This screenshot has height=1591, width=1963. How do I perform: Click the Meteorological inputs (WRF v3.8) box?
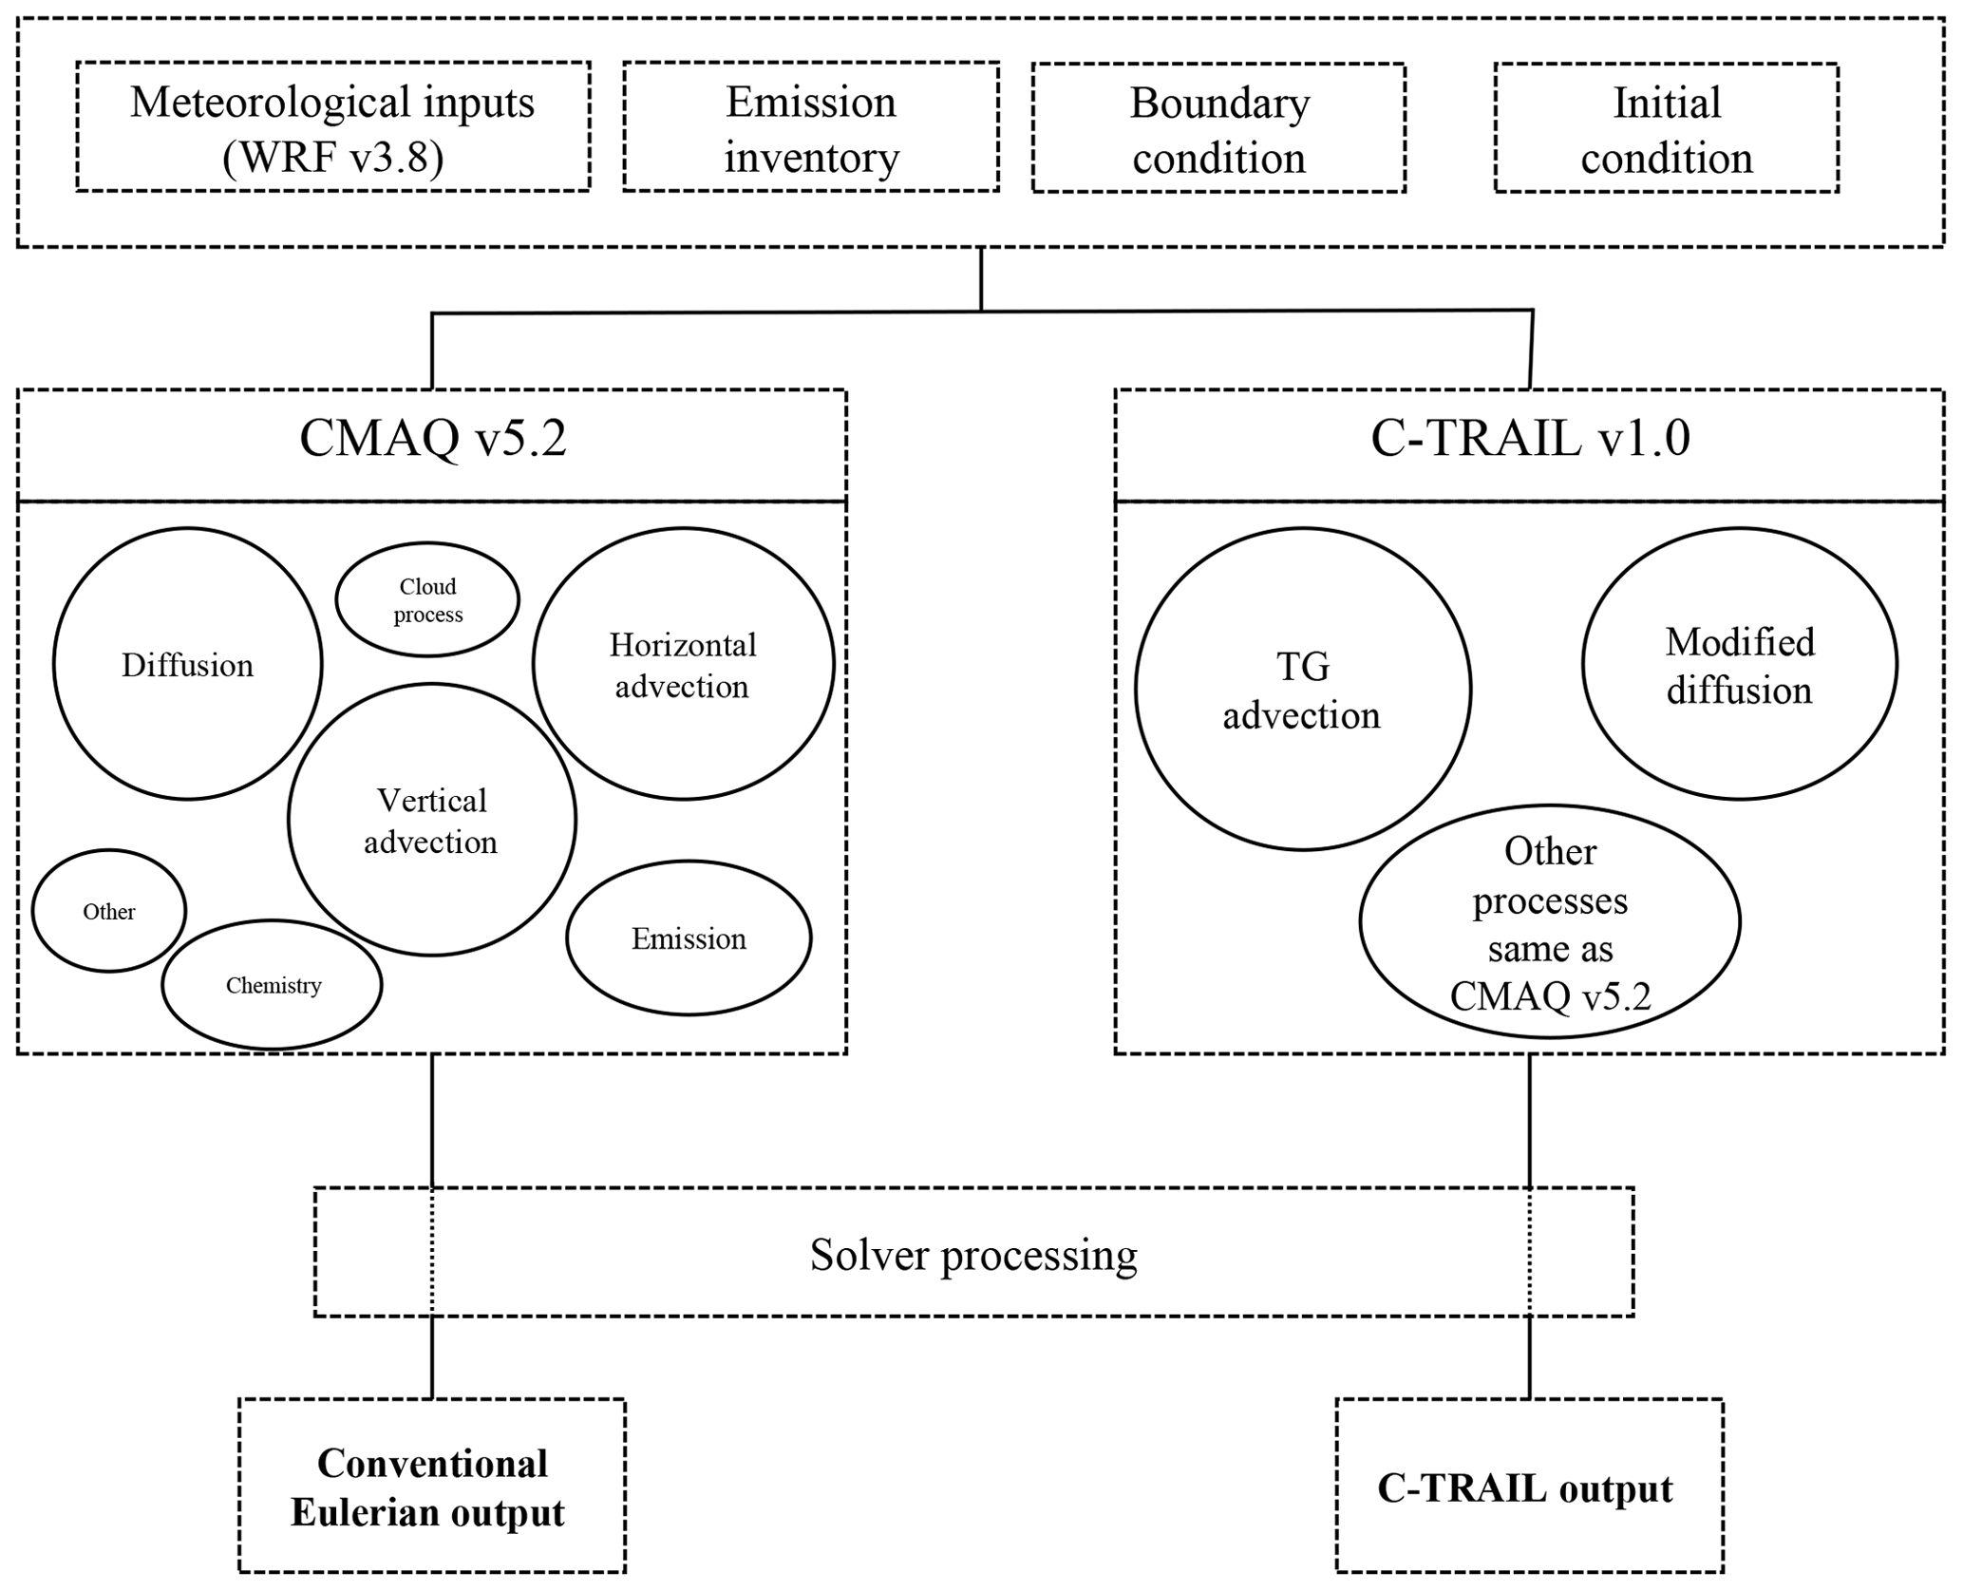332,127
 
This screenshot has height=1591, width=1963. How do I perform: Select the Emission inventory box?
811,128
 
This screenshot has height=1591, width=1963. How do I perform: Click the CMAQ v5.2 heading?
432,440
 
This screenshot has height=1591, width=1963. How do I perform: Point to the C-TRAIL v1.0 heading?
1529,440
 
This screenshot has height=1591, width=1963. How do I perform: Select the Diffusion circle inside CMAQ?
187,664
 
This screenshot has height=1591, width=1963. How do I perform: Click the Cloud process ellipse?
427,599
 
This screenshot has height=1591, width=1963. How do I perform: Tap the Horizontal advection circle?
683,664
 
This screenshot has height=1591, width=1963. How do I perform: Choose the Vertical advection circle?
431,820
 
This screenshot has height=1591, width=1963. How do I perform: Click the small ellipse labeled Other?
109,911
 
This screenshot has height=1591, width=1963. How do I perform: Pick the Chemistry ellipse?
273,985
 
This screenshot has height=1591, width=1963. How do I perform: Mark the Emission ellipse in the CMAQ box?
689,938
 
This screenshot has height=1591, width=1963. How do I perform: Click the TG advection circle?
1302,690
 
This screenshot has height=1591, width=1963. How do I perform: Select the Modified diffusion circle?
1739,665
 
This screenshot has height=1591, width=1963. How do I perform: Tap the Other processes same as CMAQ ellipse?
1549,922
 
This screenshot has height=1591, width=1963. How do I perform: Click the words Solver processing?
973,1255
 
